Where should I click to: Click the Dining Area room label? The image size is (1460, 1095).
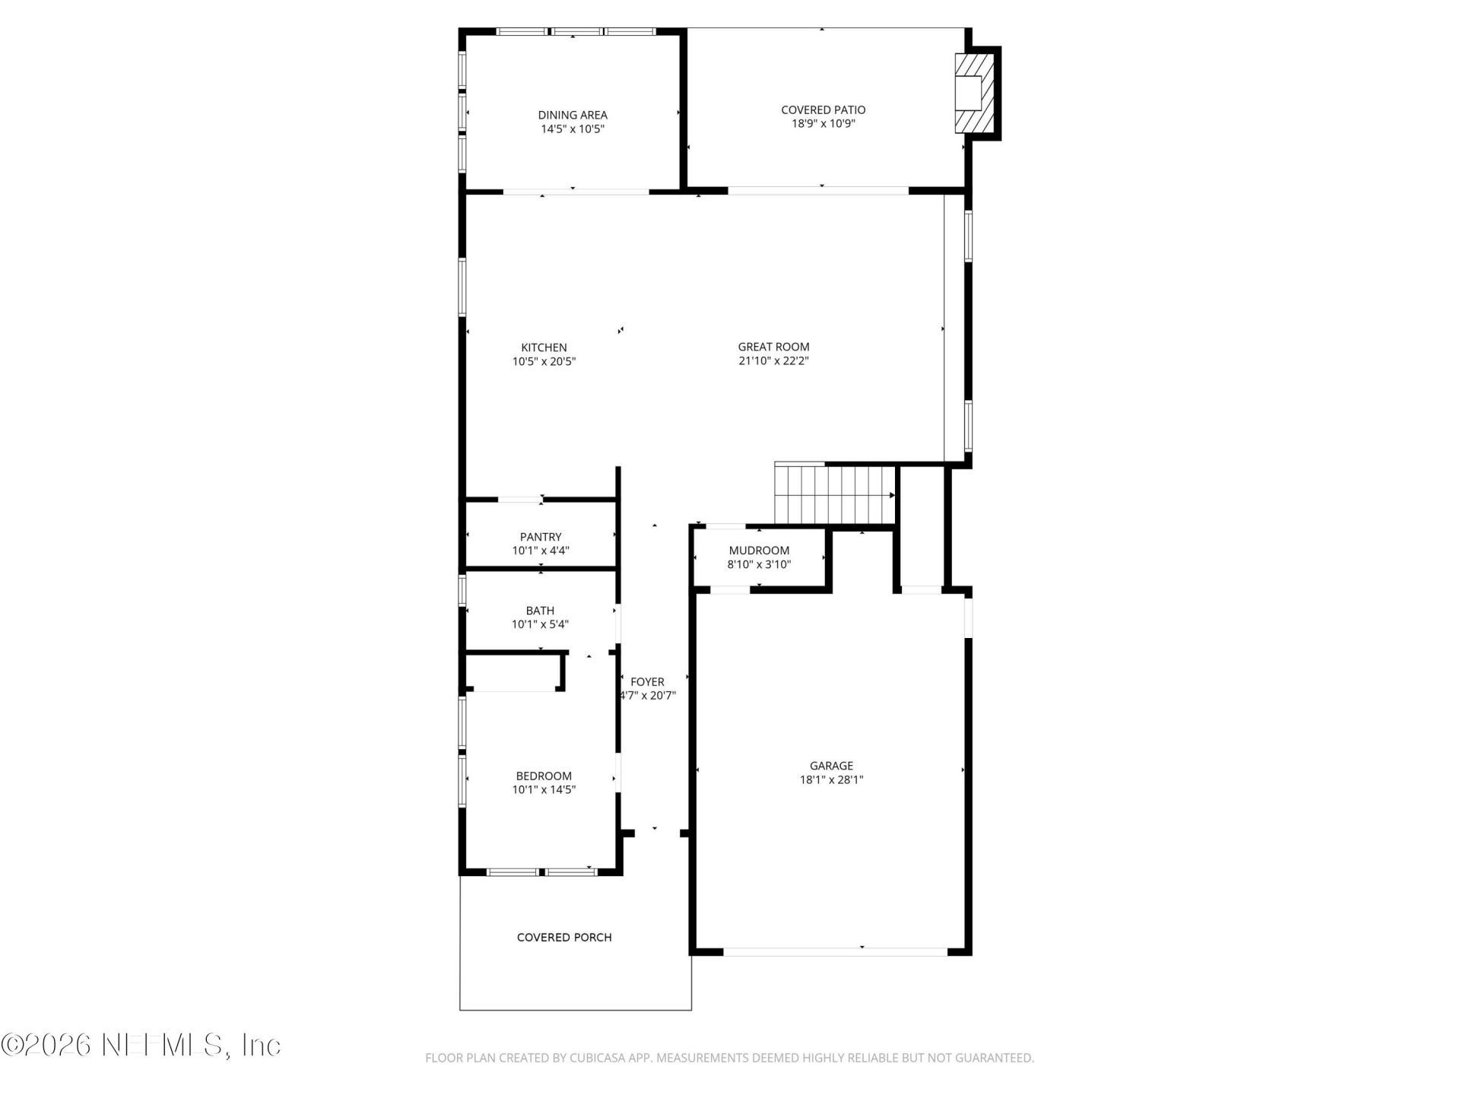[x=573, y=115]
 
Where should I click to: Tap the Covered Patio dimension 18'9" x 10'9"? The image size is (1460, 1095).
[x=823, y=124]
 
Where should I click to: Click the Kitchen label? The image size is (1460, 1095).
[x=544, y=348]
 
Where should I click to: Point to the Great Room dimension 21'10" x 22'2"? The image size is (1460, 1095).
[x=773, y=361]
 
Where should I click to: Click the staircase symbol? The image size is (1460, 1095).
[x=834, y=494]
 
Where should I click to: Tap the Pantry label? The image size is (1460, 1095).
[x=541, y=537]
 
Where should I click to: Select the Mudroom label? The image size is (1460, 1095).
[x=759, y=551]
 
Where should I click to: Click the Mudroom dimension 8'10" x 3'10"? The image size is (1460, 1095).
[x=759, y=565]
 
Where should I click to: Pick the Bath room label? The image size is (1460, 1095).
[x=540, y=611]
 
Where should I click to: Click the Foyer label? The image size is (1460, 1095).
[x=647, y=682]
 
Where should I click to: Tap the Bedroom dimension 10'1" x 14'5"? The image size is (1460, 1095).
[x=544, y=790]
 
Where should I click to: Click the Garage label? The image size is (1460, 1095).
[x=831, y=766]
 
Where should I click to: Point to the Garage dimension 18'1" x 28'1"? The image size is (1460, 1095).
[x=831, y=779]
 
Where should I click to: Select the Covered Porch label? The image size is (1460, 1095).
[x=564, y=938]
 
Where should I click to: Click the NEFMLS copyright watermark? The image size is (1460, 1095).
[x=141, y=1045]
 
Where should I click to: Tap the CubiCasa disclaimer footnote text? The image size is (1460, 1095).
[x=729, y=1058]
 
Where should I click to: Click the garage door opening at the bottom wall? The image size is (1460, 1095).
[x=834, y=951]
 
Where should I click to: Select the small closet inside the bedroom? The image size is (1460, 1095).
[x=514, y=672]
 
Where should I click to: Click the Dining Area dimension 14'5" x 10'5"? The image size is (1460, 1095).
[x=573, y=129]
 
